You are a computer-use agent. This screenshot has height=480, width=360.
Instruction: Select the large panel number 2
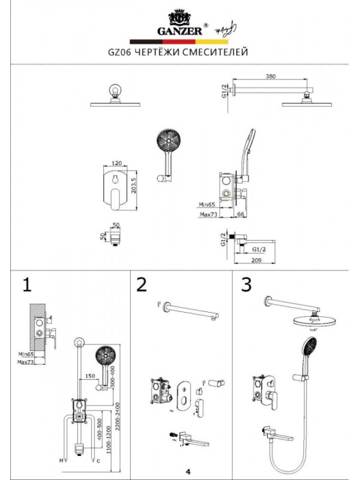[x=142, y=285]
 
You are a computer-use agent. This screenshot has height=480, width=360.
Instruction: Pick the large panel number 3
[x=245, y=285]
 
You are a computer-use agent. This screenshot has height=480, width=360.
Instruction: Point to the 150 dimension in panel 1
[x=89, y=376]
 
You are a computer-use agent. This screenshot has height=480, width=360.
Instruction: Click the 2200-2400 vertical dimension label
[x=122, y=414]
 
